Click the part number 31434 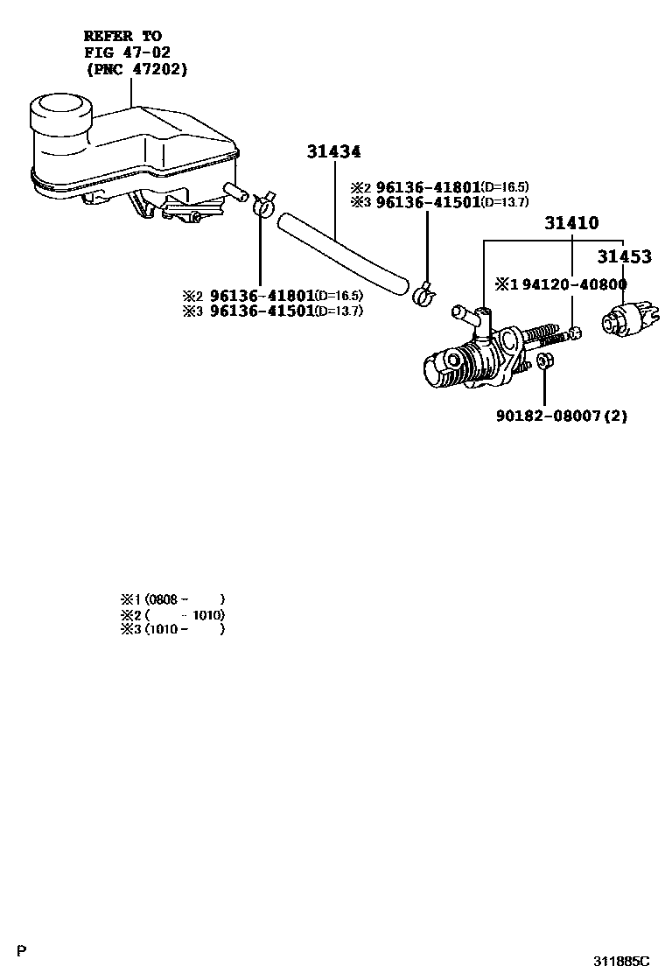pyautogui.click(x=333, y=152)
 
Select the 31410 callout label pyautogui.click(x=571, y=223)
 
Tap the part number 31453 pyautogui.click(x=624, y=256)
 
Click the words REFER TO pyautogui.click(x=122, y=36)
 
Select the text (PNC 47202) pyautogui.click(x=136, y=68)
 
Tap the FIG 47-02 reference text pyautogui.click(x=122, y=52)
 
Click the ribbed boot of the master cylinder pyautogui.click(x=472, y=362)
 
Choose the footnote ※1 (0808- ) pyautogui.click(x=173, y=599)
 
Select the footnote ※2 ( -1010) pyautogui.click(x=173, y=614)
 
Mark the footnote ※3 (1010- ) pyautogui.click(x=173, y=628)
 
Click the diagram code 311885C pyautogui.click(x=622, y=960)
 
